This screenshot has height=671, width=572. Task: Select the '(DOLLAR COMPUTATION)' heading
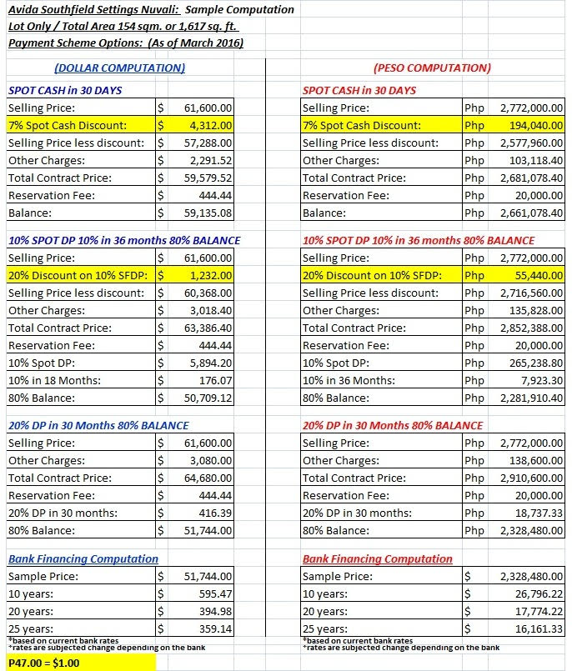tap(119, 68)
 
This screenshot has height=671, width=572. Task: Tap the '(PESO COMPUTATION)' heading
tap(432, 68)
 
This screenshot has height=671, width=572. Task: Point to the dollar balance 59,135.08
tap(208, 212)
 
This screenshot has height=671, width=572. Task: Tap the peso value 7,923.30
tap(540, 380)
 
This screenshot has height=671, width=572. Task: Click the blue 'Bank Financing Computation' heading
tap(83, 558)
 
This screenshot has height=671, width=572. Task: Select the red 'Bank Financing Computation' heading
tap(378, 558)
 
